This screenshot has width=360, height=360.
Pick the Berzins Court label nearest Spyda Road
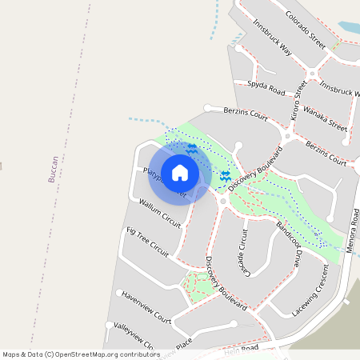[246, 114]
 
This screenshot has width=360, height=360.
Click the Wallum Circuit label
[160, 211]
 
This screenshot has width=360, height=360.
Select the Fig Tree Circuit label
[147, 241]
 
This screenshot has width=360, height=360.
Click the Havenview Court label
[146, 306]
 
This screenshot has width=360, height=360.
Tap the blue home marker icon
[180, 173]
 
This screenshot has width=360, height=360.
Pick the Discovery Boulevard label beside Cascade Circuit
[225, 283]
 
